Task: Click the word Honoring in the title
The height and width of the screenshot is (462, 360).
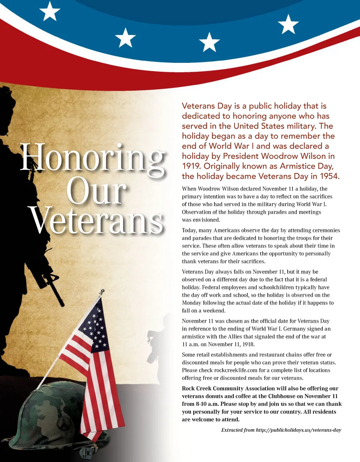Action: coord(92,158)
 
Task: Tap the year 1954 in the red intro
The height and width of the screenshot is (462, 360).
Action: coord(329,176)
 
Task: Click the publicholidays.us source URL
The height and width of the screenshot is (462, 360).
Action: coord(298,430)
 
